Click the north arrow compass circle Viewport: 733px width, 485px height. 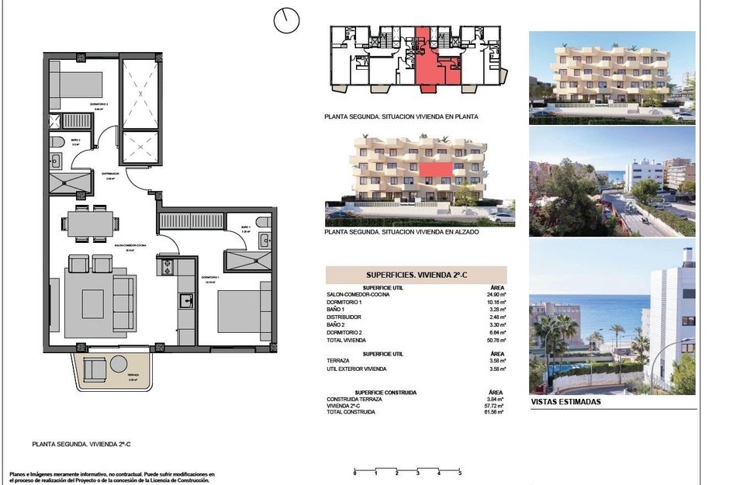tap(286, 21)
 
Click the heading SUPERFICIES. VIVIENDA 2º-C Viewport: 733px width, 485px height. tap(415, 275)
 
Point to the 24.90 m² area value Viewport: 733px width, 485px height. tap(496, 295)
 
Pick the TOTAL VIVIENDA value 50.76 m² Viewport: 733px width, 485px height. tap(496, 340)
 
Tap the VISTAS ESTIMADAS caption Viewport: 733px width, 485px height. tap(565, 402)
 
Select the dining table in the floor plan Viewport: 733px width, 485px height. tap(88, 224)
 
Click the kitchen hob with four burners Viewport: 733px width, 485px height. tap(168, 267)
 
